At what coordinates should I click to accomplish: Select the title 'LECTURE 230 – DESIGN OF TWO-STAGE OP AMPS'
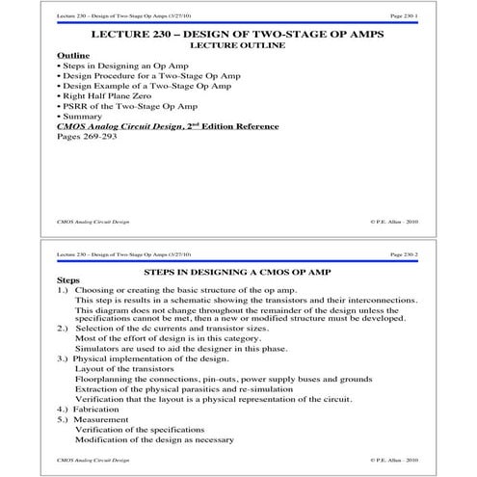click(238, 34)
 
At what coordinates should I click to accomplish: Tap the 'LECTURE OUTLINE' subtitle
click(238, 45)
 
